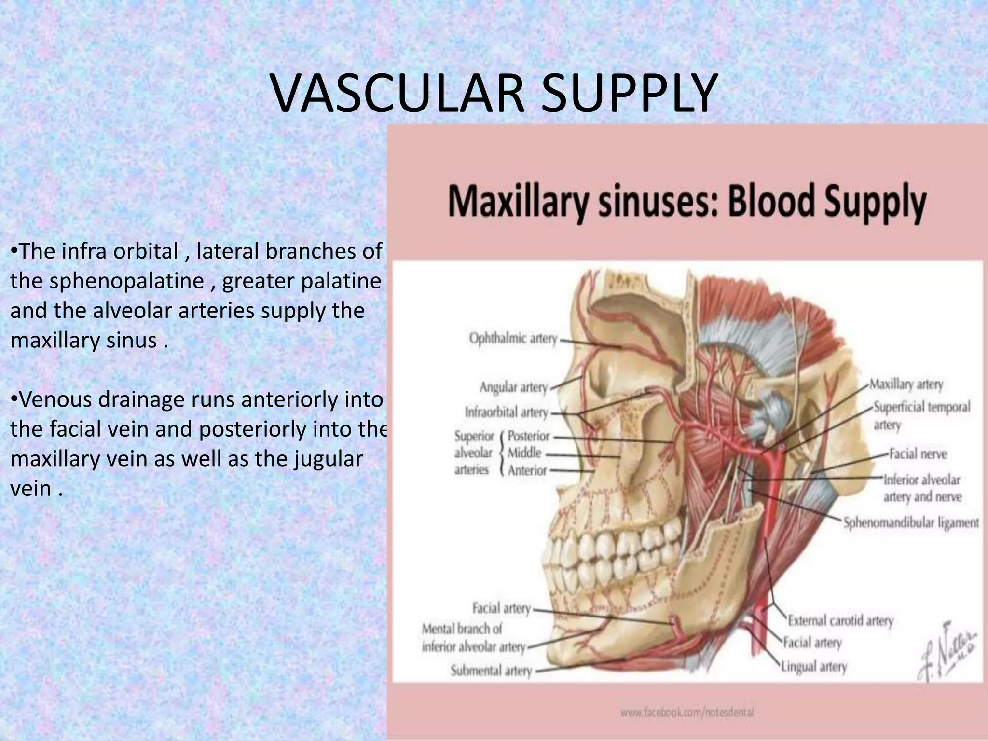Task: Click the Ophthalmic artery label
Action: point(513,339)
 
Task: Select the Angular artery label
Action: point(513,387)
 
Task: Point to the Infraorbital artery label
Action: point(507,412)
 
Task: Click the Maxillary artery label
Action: point(906,384)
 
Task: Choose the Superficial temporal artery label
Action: point(921,415)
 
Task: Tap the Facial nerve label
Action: point(918,454)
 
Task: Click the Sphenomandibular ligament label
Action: point(911,522)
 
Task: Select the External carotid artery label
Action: point(840,620)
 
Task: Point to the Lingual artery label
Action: point(814,667)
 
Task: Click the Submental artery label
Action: point(491,671)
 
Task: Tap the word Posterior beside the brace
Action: point(529,436)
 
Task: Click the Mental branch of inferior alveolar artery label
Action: point(473,638)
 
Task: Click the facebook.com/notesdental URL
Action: point(687,712)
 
